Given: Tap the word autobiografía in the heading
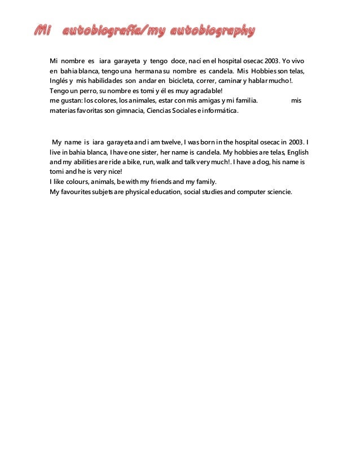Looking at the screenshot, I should [x=104, y=31].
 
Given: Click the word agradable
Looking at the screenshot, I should [x=203, y=91].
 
